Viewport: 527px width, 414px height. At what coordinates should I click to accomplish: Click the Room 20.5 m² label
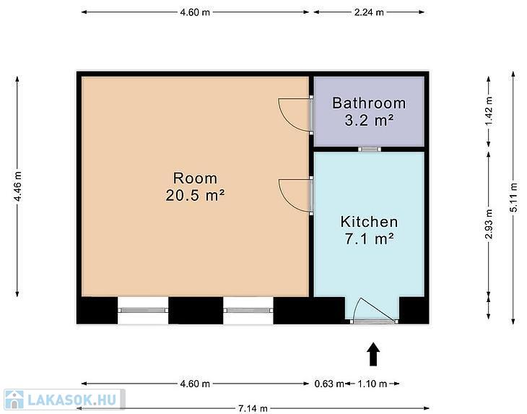[195, 186]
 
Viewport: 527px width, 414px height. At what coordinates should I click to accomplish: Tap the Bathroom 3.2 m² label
[369, 111]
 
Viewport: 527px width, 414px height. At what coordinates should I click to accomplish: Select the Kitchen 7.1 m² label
[369, 230]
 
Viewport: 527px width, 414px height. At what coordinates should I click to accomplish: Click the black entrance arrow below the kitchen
[373, 354]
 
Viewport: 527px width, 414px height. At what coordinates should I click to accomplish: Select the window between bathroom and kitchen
[370, 149]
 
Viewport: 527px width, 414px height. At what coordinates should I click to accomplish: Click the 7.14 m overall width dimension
[253, 409]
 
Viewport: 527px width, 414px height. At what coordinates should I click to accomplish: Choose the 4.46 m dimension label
[17, 186]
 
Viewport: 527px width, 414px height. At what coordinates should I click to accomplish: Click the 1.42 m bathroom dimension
[489, 111]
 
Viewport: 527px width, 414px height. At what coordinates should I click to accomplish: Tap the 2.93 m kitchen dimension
[489, 224]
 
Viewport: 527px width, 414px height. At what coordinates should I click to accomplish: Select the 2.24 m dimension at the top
[369, 12]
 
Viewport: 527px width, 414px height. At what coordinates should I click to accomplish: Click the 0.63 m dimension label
[329, 384]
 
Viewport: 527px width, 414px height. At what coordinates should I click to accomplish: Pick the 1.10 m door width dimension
[372, 384]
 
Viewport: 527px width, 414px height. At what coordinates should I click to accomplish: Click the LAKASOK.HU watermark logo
[64, 400]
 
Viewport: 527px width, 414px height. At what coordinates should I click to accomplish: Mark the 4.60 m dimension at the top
[195, 12]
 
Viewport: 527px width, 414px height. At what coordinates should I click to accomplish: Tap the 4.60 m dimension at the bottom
[195, 384]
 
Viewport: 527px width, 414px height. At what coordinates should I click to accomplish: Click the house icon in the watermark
[14, 400]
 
